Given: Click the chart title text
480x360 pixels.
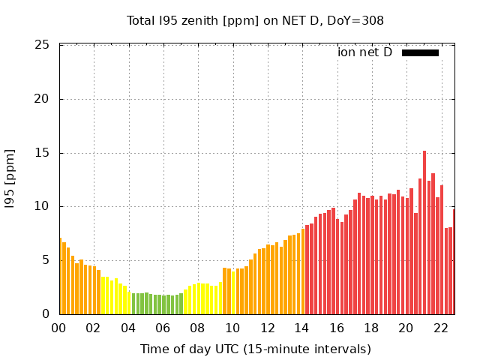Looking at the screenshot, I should point(255,20).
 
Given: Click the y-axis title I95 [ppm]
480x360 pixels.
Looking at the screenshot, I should point(10,178).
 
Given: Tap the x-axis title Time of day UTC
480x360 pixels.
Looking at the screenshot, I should point(255,349).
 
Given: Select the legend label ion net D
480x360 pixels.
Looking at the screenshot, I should point(364,52).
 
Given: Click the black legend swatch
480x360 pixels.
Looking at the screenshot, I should point(420,52).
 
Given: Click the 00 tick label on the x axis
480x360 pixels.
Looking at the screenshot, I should point(59,328).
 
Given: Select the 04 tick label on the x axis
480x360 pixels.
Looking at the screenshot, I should point(129,328).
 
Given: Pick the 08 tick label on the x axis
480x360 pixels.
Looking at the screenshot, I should point(198,328).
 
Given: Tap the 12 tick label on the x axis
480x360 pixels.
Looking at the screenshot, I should point(267,328).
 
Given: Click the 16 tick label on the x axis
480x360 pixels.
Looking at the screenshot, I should point(337,328).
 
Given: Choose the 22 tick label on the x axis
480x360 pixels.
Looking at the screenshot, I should point(440,328).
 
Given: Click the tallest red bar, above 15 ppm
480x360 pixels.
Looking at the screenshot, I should point(424,232).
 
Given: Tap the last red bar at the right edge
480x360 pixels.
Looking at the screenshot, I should point(454,262).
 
